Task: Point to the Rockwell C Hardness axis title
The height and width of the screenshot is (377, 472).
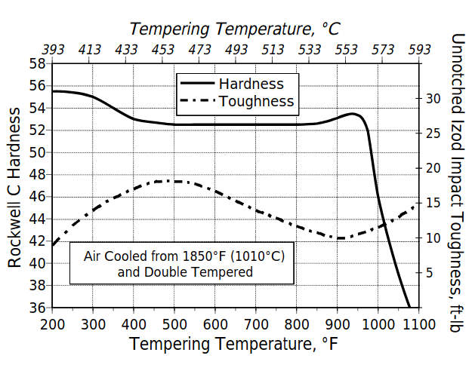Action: pyautogui.click(x=14, y=186)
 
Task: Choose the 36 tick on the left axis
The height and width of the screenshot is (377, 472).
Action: pyautogui.click(x=39, y=308)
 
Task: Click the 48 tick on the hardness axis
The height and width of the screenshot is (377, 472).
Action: pyautogui.click(x=39, y=174)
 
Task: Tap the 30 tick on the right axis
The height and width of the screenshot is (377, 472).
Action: pyautogui.click(x=430, y=98)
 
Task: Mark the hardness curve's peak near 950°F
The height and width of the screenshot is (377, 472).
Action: pyautogui.click(x=352, y=114)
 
